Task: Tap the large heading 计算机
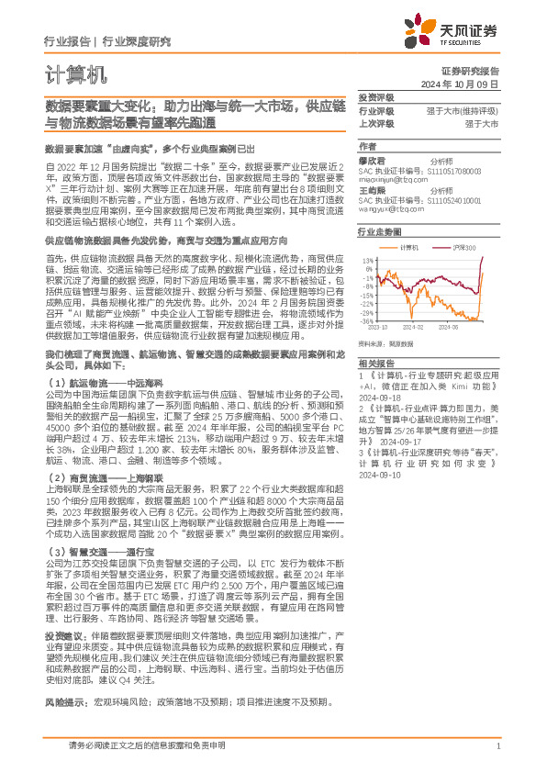[75, 73]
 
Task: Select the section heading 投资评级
[376, 96]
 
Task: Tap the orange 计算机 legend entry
[408, 248]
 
